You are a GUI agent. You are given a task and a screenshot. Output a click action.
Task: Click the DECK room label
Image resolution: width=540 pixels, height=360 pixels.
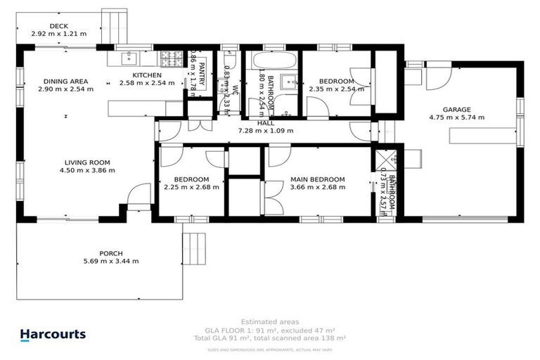(x=60, y=26)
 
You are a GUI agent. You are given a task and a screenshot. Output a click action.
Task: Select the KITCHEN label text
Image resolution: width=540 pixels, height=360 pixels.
(x=147, y=75)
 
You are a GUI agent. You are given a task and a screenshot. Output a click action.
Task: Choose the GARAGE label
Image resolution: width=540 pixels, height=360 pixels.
(x=456, y=110)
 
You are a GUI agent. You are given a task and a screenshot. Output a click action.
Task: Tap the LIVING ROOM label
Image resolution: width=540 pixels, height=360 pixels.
(x=86, y=162)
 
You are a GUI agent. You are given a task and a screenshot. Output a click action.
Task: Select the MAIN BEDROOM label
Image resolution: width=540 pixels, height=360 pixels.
(x=317, y=179)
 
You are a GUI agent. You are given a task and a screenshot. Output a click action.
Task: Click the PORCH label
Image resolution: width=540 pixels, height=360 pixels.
(x=111, y=253)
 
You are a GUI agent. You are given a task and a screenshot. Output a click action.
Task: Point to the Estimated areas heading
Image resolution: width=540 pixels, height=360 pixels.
(x=269, y=321)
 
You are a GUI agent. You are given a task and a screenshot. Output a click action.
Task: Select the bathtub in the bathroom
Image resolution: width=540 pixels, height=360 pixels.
(x=267, y=59)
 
